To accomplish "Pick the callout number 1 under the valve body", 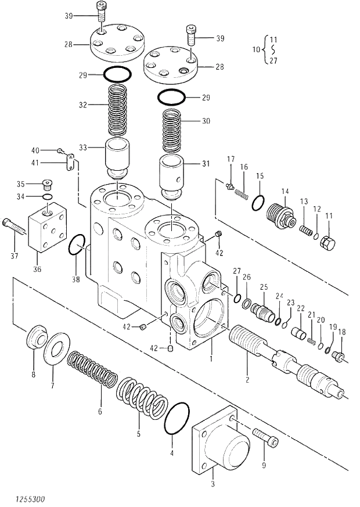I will pyautogui.click(x=212, y=359).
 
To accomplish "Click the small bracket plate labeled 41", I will pyautogui.click(x=72, y=162).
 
